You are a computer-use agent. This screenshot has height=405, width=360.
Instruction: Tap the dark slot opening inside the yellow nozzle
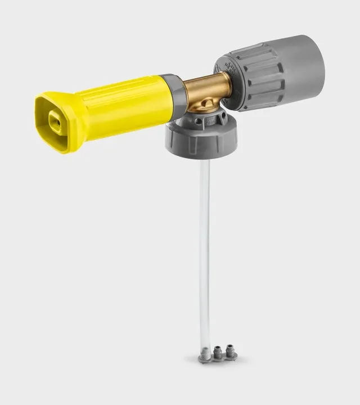(x=55, y=122)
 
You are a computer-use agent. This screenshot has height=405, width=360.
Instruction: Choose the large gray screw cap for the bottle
(x=201, y=140)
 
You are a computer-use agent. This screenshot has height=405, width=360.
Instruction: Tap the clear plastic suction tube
(x=205, y=253)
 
